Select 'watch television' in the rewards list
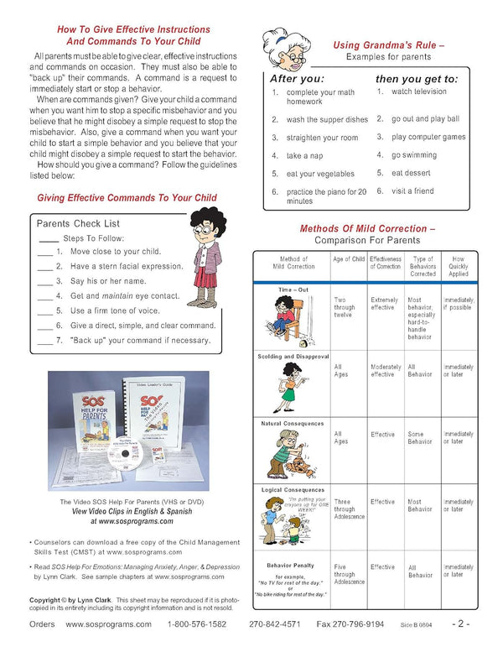[x=418, y=91]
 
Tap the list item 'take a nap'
[x=305, y=156]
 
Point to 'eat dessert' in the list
[x=411, y=173]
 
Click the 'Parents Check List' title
[x=78, y=224]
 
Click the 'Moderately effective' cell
[x=386, y=371]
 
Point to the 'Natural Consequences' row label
[x=293, y=424]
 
